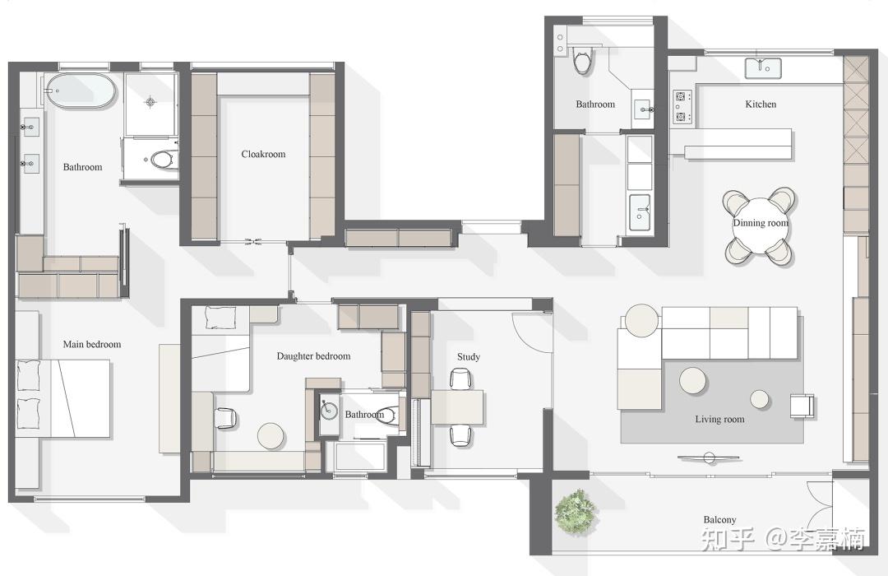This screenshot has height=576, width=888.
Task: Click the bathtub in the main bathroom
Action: click(81, 91)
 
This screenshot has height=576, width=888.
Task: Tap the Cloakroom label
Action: click(263, 154)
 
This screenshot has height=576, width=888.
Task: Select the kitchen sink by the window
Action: click(763, 68)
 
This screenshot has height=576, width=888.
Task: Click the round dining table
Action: click(760, 226)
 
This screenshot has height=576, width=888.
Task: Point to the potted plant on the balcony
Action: click(576, 511)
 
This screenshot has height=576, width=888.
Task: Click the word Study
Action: click(469, 356)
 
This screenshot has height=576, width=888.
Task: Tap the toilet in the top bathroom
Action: click(582, 61)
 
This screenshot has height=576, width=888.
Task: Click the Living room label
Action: click(719, 419)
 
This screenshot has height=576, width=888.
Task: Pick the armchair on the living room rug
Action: click(802, 406)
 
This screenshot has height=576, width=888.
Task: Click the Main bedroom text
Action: click(92, 344)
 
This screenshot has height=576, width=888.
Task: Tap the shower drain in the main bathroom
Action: click(150, 102)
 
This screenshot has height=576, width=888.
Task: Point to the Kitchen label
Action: click(761, 105)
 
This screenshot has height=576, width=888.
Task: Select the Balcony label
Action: click(719, 519)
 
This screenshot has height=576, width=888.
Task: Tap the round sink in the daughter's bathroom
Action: click(329, 411)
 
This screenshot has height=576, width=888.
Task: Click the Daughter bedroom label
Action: click(313, 356)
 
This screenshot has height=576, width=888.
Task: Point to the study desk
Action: click(458, 407)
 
